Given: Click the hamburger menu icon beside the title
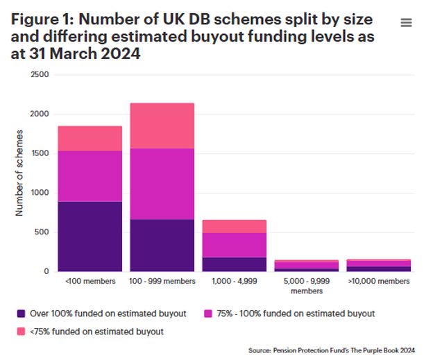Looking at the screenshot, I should pos(407,22).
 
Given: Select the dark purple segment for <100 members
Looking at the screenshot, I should pos(90,236).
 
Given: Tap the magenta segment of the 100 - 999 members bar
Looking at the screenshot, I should pos(162,184).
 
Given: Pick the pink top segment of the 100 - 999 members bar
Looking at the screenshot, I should pos(162,125).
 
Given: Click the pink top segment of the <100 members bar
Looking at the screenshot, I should pos(90,138).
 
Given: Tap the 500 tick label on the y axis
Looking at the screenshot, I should pos(42,232).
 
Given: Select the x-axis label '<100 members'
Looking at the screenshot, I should pos(90,282).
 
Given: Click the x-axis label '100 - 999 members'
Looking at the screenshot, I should pos(162,282).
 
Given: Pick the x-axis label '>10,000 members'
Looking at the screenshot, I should pos(378,282).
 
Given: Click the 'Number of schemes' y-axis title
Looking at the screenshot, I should pos(21,172).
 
